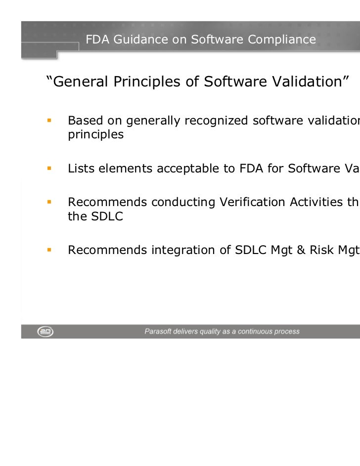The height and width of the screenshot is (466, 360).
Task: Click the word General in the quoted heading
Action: click(78, 82)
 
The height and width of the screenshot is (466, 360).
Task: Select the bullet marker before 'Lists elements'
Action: click(49, 169)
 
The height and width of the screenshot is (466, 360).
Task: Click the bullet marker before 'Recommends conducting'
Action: click(49, 202)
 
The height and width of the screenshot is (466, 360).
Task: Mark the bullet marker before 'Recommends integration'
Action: click(49, 250)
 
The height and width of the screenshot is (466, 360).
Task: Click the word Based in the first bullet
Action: click(82, 121)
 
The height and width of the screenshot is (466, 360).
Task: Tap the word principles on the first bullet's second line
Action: click(96, 134)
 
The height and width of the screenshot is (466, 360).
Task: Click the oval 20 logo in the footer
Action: click(45, 332)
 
